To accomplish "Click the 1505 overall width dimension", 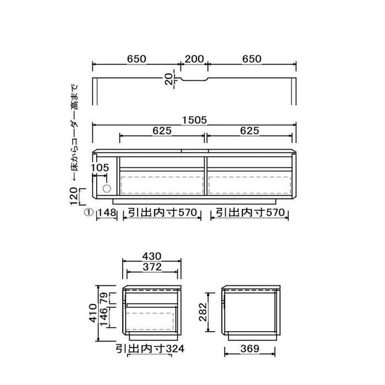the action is coord(195,120).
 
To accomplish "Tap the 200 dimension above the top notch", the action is coord(194,59).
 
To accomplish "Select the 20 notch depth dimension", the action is coord(169,79).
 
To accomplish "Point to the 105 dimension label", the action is coord(100,168).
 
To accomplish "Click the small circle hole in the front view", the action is coord(107,189).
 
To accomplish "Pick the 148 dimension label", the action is coord(107,212).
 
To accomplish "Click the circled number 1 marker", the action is coord(89,212).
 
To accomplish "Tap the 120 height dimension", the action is coord(74,196).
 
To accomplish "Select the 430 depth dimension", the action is coord(152,256).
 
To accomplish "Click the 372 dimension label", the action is coord(152,267).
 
